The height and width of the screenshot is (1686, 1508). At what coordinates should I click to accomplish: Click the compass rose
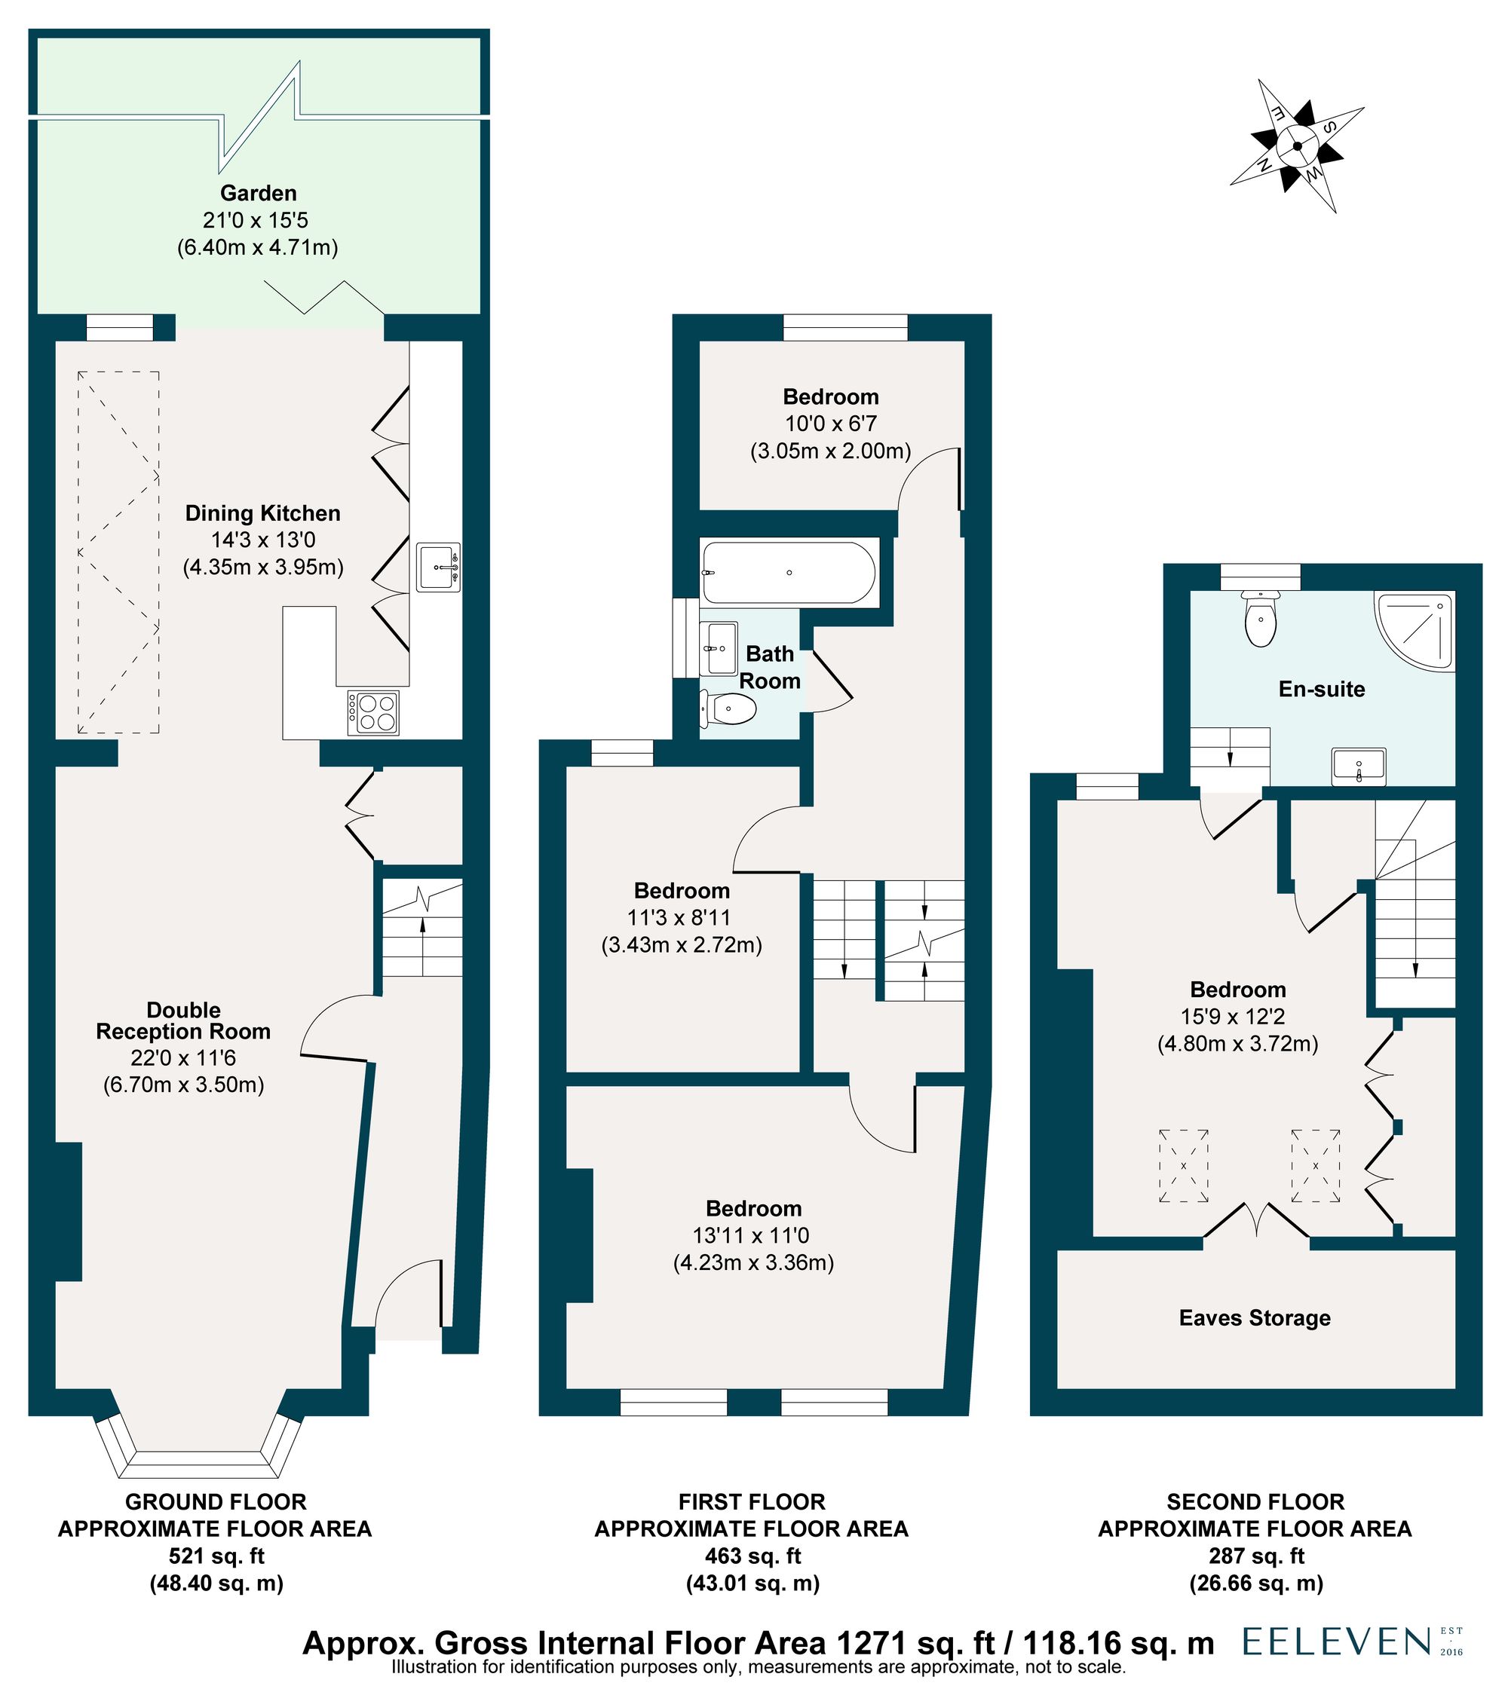coord(1297,145)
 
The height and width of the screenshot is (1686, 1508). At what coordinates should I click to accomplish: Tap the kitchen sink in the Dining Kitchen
coord(438,567)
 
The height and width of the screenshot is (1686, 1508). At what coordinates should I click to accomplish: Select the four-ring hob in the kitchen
coord(374,712)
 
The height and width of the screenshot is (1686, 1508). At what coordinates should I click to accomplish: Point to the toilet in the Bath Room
coord(728,709)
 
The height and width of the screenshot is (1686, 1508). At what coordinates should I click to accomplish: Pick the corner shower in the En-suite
coord(1415,630)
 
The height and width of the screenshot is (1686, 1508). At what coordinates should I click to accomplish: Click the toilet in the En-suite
coord(1260,618)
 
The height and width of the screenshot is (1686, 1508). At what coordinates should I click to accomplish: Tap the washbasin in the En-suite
coord(1359,766)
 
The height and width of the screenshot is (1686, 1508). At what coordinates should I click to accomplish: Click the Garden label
coord(259,193)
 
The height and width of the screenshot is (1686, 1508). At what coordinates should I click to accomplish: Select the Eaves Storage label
coord(1255,1317)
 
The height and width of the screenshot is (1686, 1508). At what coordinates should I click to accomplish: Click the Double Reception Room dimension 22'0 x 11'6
coord(184,1057)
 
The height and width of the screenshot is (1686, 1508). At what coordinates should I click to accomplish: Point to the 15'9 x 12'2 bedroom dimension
coord(1238,1016)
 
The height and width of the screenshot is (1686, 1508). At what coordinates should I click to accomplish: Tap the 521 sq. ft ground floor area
coord(216,1556)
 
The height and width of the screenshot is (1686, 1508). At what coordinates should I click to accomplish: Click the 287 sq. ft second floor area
coord(1256,1556)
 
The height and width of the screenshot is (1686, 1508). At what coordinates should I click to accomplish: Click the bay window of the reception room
coord(199,1452)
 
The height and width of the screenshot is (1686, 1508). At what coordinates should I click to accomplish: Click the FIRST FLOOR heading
coord(752,1501)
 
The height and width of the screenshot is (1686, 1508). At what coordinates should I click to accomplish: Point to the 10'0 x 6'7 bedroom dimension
coord(830,424)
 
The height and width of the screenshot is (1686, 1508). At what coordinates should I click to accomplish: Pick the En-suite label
coord(1322,689)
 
